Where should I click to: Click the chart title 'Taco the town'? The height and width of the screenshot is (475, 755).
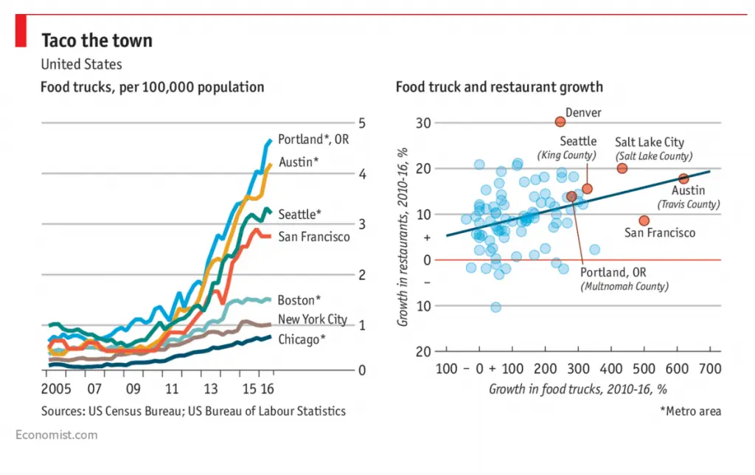click(x=97, y=41)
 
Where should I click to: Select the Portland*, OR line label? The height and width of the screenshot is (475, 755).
click(x=313, y=139)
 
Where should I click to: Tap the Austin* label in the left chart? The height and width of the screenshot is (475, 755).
click(x=299, y=162)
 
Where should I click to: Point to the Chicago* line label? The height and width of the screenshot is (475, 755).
click(x=302, y=339)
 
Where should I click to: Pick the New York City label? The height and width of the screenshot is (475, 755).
click(x=313, y=319)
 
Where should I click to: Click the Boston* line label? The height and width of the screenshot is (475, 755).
click(x=299, y=300)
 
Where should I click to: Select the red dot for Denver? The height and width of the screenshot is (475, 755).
click(x=560, y=122)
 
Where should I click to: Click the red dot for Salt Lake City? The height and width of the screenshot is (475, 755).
click(x=622, y=168)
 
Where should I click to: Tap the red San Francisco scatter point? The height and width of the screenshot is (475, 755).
click(x=644, y=221)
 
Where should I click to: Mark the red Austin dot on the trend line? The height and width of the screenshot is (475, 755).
click(x=683, y=178)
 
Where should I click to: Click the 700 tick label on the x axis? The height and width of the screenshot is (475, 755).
click(x=710, y=369)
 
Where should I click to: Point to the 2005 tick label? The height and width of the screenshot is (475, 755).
click(x=56, y=389)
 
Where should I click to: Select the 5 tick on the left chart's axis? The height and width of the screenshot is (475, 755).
click(x=361, y=123)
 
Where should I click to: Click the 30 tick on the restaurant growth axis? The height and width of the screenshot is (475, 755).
click(x=423, y=123)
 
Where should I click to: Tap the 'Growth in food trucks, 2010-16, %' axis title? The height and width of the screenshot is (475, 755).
click(x=578, y=389)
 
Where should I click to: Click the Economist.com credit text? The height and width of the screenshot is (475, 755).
click(x=56, y=435)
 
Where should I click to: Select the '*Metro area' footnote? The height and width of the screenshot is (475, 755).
click(x=690, y=411)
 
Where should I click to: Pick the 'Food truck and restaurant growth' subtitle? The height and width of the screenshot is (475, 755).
click(x=499, y=87)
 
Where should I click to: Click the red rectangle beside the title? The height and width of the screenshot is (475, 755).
click(x=21, y=30)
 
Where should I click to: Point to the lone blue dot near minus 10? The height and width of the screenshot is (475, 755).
click(x=495, y=307)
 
